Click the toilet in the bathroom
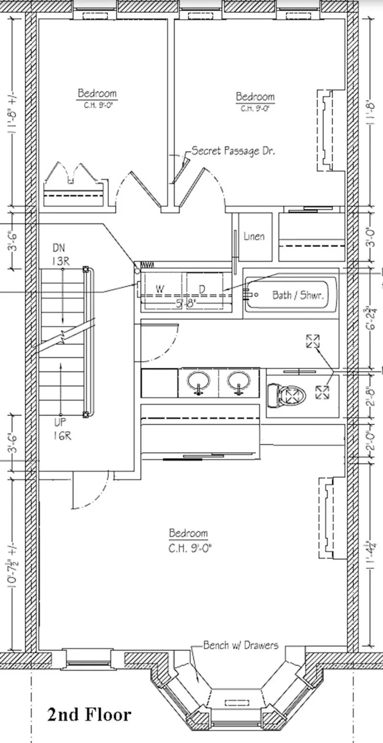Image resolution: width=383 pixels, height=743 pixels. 286,395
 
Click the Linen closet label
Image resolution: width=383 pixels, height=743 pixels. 254,236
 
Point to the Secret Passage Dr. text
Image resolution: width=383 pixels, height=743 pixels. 233,151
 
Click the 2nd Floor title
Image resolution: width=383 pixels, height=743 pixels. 89,714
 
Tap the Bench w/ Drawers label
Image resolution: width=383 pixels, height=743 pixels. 240,645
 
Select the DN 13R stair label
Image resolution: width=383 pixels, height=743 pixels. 59,254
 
